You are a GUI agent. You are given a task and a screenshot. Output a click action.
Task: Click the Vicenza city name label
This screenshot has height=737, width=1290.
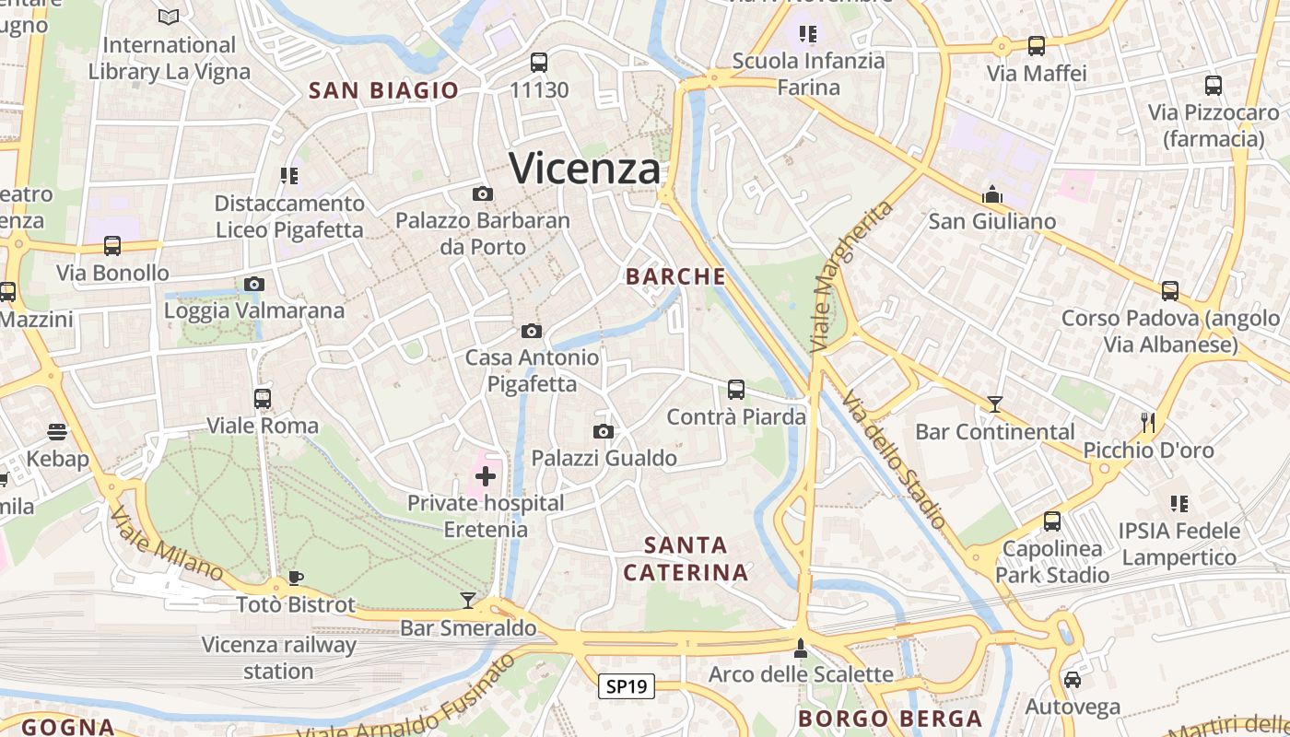click(584, 169)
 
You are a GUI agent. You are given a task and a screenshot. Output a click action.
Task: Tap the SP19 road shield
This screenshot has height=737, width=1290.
click(627, 686)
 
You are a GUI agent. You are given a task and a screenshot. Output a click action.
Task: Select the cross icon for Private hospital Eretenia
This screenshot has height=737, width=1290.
click(486, 476)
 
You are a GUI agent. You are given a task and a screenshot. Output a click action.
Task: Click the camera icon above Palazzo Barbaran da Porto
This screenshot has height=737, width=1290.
click(482, 193)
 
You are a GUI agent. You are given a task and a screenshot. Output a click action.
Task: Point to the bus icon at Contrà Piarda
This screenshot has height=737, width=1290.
click(735, 390)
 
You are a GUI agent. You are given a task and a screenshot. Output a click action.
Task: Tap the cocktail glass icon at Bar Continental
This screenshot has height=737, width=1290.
click(994, 404)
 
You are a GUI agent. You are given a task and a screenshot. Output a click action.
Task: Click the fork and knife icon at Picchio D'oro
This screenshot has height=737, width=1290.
click(1147, 423)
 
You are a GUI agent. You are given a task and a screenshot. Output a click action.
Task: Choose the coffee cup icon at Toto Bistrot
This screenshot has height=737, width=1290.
click(295, 578)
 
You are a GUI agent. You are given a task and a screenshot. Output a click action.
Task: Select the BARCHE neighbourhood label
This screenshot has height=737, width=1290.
click(675, 276)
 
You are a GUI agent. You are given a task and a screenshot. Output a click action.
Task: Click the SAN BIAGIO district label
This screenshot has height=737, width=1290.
click(383, 90)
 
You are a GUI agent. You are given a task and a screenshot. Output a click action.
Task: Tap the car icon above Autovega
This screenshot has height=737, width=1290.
click(1073, 680)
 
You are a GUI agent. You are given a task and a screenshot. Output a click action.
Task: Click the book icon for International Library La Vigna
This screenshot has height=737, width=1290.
click(169, 17)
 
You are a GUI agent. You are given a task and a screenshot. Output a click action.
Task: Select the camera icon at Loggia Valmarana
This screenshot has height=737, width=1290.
click(254, 284)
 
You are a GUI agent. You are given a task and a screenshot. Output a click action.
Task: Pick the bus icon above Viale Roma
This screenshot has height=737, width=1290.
click(263, 399)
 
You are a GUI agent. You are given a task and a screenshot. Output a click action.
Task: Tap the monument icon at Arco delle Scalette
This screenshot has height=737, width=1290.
click(800, 648)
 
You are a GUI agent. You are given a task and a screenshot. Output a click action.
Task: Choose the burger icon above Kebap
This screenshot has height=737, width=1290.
click(57, 432)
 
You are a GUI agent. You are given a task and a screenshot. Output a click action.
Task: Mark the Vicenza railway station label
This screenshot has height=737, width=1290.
click(278, 658)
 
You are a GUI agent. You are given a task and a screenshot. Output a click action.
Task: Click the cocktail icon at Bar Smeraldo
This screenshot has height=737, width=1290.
click(468, 601)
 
